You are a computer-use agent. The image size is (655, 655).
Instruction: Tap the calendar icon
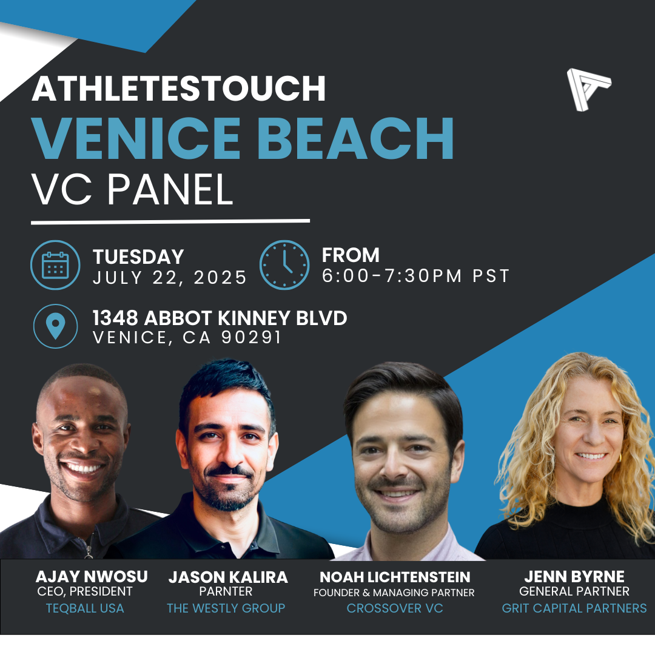pyautogui.click(x=55, y=265)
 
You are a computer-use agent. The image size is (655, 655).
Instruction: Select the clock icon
pyautogui.click(x=284, y=265)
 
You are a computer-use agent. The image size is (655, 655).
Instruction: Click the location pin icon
pyautogui.click(x=55, y=326)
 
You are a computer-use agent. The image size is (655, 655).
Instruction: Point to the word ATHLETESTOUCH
pyautogui.click(x=179, y=89)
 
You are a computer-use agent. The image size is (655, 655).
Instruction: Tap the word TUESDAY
pyautogui.click(x=138, y=257)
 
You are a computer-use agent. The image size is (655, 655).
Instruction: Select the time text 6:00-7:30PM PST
pyautogui.click(x=415, y=276)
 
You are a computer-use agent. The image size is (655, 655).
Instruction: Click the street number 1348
pyautogui.click(x=115, y=318)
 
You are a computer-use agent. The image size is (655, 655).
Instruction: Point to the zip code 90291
pyautogui.click(x=251, y=338)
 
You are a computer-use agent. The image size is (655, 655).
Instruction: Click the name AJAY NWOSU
pyautogui.click(x=92, y=577)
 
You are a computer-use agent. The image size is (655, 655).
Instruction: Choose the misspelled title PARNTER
pyautogui.click(x=226, y=591)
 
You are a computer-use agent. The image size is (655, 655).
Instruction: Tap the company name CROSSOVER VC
pyautogui.click(x=395, y=608)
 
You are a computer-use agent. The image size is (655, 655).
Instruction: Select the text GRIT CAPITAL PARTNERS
pyautogui.click(x=574, y=608)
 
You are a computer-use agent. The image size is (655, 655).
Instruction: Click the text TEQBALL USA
pyautogui.click(x=85, y=608)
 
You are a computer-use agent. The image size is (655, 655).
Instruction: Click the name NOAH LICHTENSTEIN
pyautogui.click(x=395, y=577)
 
